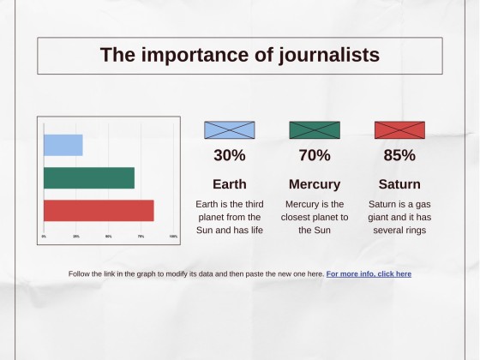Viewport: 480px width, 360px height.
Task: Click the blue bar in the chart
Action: pos(63,145)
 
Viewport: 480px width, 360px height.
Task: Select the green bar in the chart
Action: pos(88,177)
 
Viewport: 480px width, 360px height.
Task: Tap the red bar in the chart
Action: pos(98,210)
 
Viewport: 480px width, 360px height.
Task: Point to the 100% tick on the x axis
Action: pos(173,237)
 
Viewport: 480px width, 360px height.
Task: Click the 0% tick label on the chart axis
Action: pos(44,237)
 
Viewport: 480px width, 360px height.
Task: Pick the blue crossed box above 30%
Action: pos(229,130)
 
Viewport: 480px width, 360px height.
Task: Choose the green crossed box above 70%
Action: pos(315,130)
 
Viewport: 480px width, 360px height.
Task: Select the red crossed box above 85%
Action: pos(399,130)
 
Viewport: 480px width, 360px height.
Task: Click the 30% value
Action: pos(229,155)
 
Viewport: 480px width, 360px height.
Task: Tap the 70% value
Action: pos(315,155)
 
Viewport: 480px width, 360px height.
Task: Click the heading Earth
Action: pos(229,184)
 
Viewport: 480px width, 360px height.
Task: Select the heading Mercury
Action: pos(315,184)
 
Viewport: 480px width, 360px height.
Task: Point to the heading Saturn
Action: pos(399,184)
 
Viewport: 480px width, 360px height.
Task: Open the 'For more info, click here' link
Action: pos(369,274)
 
